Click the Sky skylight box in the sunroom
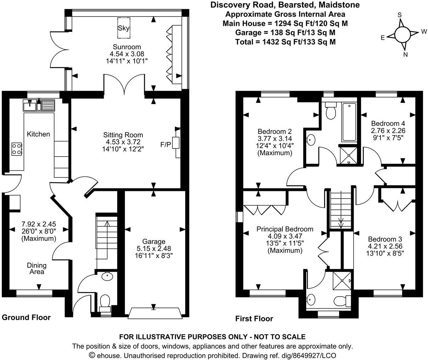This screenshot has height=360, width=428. point(124,28)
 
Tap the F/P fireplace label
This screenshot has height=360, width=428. point(165,144)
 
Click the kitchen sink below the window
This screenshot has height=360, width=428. point(39,105)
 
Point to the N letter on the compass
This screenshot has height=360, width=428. point(406,55)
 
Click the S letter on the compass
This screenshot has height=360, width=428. point(399,15)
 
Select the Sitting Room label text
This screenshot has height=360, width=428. point(123,135)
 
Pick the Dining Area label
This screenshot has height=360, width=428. point(37,269)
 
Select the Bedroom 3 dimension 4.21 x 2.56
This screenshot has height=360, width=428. point(385,246)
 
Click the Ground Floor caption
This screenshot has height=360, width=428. point(26,317)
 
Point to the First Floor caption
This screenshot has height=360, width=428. point(254,319)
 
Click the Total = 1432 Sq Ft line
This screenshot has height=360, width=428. point(285,42)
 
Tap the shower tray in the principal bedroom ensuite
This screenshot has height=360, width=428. point(343,281)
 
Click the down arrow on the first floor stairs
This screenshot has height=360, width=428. point(341,223)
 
